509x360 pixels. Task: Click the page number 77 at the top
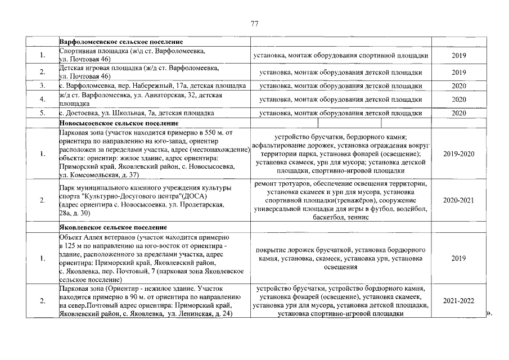point(254,24)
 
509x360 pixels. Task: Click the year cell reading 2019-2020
point(458,154)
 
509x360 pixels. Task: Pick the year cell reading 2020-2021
point(458,200)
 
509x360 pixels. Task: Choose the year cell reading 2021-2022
point(458,301)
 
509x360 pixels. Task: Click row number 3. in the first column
point(42,86)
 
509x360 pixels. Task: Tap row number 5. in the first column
point(42,113)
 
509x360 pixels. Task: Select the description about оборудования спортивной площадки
point(341,56)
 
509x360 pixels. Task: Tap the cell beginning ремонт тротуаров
point(341,200)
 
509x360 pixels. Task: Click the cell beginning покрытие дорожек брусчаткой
point(341,258)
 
